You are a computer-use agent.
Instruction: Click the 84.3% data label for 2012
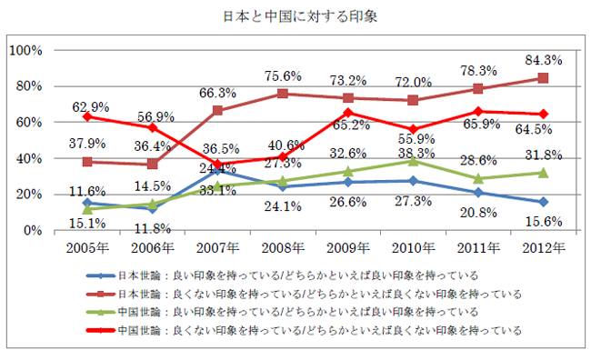point(543,60)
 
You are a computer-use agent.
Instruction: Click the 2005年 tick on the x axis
point(86,245)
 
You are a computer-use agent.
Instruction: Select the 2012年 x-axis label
point(543,245)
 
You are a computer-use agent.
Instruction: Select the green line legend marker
point(102,311)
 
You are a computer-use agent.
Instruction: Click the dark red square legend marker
point(102,293)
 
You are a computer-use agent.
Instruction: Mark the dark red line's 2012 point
point(543,78)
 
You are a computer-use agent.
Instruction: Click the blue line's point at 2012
point(543,202)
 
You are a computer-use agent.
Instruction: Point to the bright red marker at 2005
point(87,116)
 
